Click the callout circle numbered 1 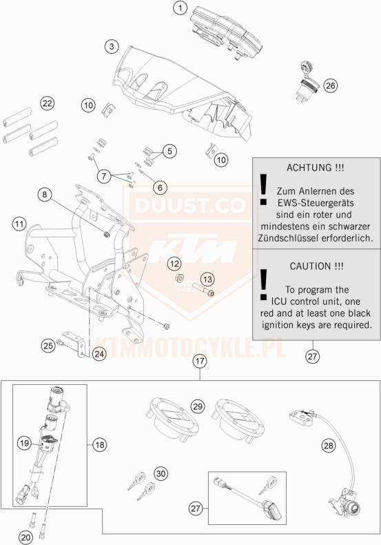click(180, 8)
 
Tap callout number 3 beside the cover click(112, 46)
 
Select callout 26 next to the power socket click(330, 85)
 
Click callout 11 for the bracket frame click(19, 224)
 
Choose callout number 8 click(44, 195)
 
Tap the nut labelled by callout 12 click(179, 278)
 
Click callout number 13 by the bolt click(207, 279)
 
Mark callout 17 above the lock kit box click(200, 361)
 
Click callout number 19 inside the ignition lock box click(24, 443)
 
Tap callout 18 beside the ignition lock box click(100, 444)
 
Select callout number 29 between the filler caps click(198, 406)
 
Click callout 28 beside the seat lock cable click(328, 445)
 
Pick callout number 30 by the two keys click(161, 473)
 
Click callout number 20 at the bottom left click(25, 538)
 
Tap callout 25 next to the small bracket click(48, 346)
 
